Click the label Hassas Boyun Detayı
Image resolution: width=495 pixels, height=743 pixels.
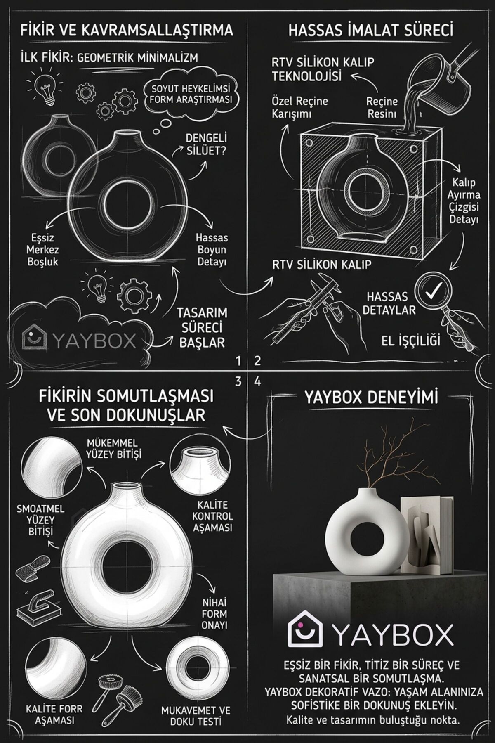tap(212, 250)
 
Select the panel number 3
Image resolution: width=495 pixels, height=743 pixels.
tap(238, 381)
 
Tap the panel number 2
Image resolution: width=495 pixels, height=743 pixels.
tap(257, 361)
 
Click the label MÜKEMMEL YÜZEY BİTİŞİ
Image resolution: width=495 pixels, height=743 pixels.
tap(114, 449)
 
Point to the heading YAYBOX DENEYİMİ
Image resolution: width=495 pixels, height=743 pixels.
tap(371, 398)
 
